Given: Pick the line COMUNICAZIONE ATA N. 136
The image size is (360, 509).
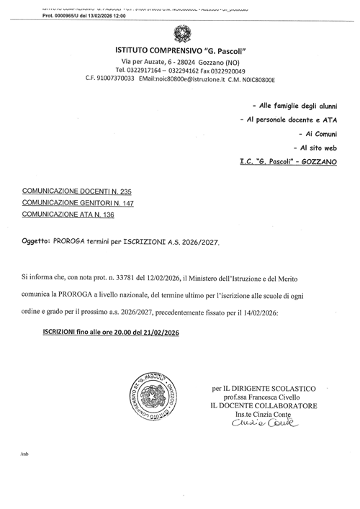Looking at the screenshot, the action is coord(69,214).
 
